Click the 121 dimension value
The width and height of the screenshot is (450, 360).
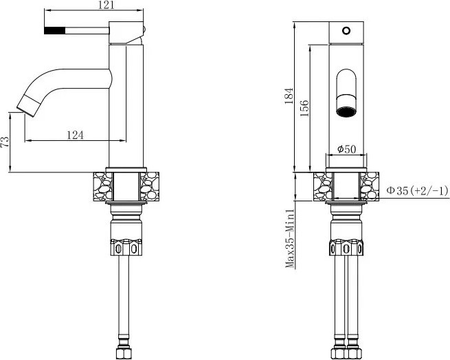[106, 5]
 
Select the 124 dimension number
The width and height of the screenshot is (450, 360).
[75, 135]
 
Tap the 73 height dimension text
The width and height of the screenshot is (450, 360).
[5, 142]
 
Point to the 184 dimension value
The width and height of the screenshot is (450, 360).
[289, 96]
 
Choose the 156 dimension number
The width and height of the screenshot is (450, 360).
[304, 108]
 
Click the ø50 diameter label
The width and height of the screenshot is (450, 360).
[347, 149]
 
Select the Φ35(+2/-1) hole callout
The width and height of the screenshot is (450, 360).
[417, 190]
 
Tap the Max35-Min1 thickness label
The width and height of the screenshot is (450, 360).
[291, 238]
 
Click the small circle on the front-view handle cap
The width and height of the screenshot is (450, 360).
[346, 30]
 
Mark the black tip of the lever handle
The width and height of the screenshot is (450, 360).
[55, 30]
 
